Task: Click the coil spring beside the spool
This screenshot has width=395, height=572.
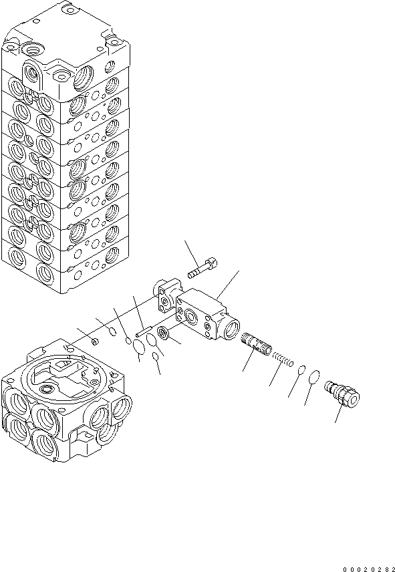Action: (x=285, y=361)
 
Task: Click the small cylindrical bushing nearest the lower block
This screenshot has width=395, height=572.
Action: (x=95, y=342)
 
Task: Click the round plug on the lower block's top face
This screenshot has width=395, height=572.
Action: (x=47, y=388)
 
